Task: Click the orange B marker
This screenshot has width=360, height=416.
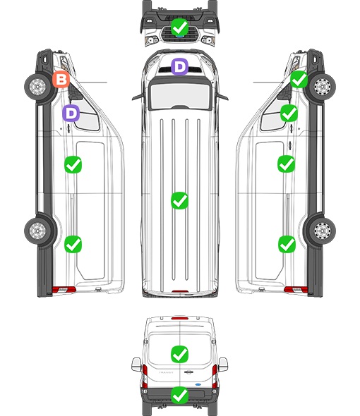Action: [61, 80]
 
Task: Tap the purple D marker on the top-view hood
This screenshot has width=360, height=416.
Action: [179, 66]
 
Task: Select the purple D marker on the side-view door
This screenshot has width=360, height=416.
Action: [71, 113]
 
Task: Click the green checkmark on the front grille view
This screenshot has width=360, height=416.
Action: [179, 27]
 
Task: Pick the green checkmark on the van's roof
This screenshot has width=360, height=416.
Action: [179, 200]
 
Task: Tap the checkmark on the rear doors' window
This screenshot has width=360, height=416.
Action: [179, 354]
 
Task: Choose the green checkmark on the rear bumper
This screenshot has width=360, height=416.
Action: [179, 395]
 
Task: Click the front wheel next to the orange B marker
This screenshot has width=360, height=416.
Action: [37, 87]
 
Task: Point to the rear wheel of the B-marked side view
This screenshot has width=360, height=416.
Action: [37, 231]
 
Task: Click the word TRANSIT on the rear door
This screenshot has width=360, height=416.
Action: [166, 372]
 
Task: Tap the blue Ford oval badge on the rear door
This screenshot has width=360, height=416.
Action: [198, 384]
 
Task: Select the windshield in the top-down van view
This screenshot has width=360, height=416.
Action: [180, 95]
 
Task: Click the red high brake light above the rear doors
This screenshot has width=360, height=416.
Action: [180, 318]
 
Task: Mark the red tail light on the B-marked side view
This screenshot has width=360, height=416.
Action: [64, 290]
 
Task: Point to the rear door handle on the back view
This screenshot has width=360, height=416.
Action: [188, 372]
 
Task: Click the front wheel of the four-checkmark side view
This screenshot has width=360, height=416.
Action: [323, 87]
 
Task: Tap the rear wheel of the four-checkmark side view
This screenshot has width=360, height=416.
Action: [323, 231]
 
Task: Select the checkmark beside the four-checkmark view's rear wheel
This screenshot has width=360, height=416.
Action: [287, 245]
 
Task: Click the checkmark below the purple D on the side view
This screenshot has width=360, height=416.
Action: [73, 165]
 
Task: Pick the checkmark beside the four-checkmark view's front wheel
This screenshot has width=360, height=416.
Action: [299, 80]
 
